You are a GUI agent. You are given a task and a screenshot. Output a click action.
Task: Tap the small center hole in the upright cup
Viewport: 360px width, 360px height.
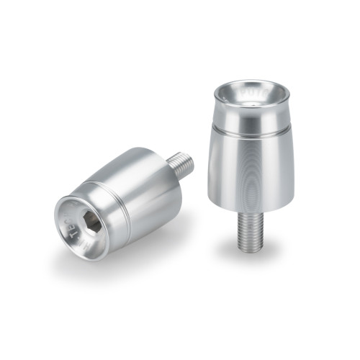tap(251, 102)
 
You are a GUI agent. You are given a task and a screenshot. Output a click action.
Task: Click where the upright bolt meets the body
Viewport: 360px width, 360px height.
tap(249, 214)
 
